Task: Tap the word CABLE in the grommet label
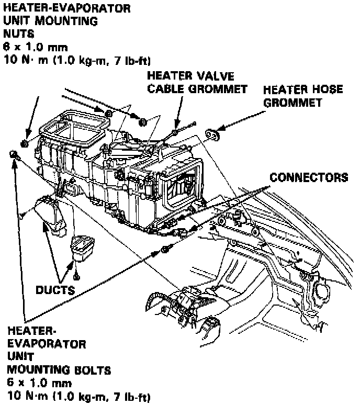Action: coord(167,89)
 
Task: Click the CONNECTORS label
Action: coord(308,177)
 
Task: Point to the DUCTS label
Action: coord(54,289)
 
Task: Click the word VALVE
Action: coord(214,76)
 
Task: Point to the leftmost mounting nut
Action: coord(25,143)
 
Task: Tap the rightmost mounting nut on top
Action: coord(142,122)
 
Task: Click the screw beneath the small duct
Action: coord(77,274)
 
